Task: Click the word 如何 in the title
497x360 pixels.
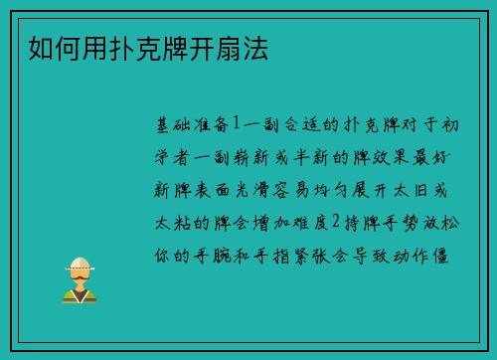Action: [42, 48]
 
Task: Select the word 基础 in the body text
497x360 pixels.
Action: [169, 126]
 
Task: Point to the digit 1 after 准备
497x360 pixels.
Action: [236, 126]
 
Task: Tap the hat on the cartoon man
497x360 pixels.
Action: [80, 265]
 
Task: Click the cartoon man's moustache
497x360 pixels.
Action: [80, 283]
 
